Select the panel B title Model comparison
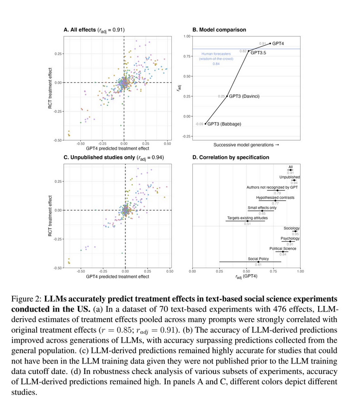(x=219, y=30)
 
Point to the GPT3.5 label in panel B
(x=258, y=52)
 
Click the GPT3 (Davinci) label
(x=245, y=96)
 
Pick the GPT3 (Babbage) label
(x=224, y=124)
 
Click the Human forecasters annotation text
(x=216, y=53)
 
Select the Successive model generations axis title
(x=246, y=145)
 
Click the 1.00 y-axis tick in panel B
(x=187, y=36)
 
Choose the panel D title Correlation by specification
(x=231, y=158)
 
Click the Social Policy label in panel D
(x=259, y=259)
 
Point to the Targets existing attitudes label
(x=247, y=218)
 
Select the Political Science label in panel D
(x=283, y=248)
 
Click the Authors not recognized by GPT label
(x=272, y=187)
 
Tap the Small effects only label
(x=262, y=208)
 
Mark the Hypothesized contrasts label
(x=275, y=198)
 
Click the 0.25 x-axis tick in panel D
(x=219, y=272)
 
